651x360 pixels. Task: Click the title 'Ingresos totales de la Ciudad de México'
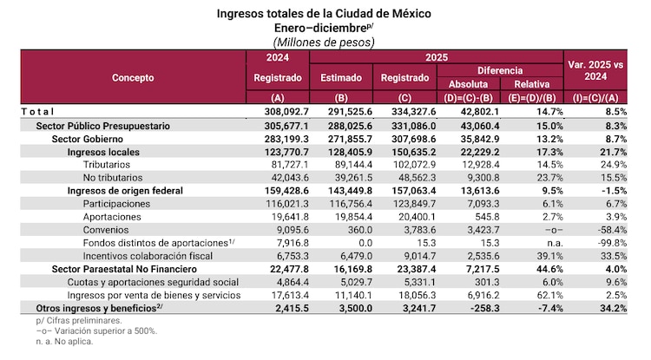[x=324, y=14]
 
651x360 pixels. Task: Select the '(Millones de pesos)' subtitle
[x=324, y=42]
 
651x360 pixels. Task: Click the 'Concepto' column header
[x=133, y=78]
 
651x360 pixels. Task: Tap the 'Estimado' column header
[x=341, y=78]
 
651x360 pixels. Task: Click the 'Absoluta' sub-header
[x=469, y=84]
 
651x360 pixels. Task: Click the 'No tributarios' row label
[x=115, y=176]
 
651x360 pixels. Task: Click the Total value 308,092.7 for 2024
[x=278, y=111]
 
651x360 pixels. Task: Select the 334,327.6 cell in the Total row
[x=405, y=111]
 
